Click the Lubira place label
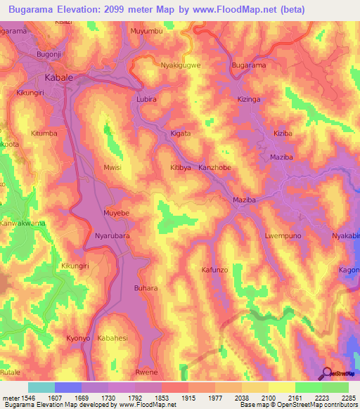[147, 100]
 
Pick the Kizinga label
[248, 100]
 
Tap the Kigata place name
[181, 133]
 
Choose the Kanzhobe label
[214, 168]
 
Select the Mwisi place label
[112, 168]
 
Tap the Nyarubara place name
[112, 237]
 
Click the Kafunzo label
[215, 269]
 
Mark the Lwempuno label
[283, 236]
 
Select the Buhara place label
[146, 288]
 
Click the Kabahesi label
[113, 338]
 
